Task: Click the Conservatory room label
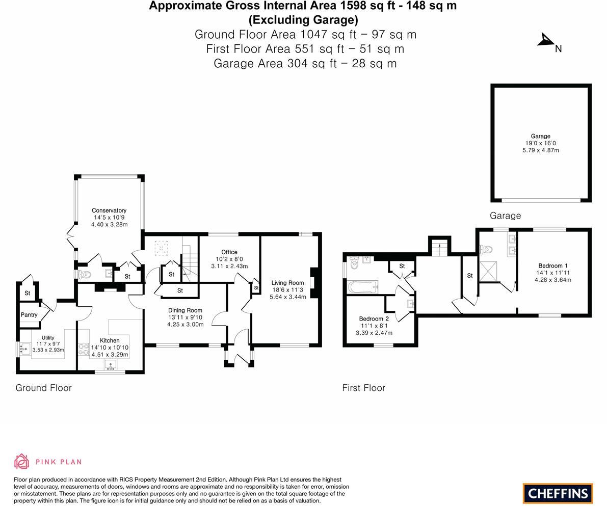tap(109, 210)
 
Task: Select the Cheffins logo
tap(558, 493)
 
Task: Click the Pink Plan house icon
tap(21, 461)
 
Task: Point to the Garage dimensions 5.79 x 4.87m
tap(540, 150)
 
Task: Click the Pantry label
tap(29, 315)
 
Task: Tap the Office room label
tap(229, 252)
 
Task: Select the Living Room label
tap(287, 283)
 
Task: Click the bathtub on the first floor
tap(362, 287)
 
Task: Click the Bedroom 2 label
tap(374, 319)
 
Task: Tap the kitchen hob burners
tap(83, 349)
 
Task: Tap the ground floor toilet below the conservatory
tap(85, 274)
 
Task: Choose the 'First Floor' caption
tap(363, 388)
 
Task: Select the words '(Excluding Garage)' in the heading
tap(303, 20)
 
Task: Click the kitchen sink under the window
tap(111, 365)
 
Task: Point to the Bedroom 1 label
tap(552, 265)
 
